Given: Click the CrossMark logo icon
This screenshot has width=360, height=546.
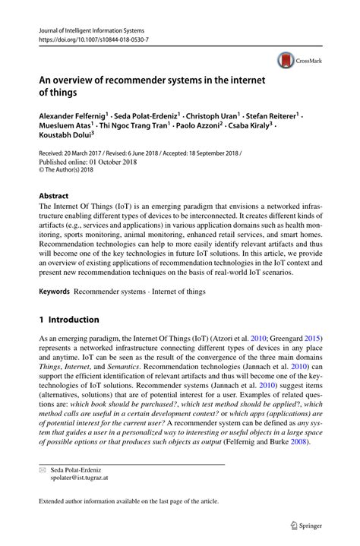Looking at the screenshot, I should click(x=286, y=59).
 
